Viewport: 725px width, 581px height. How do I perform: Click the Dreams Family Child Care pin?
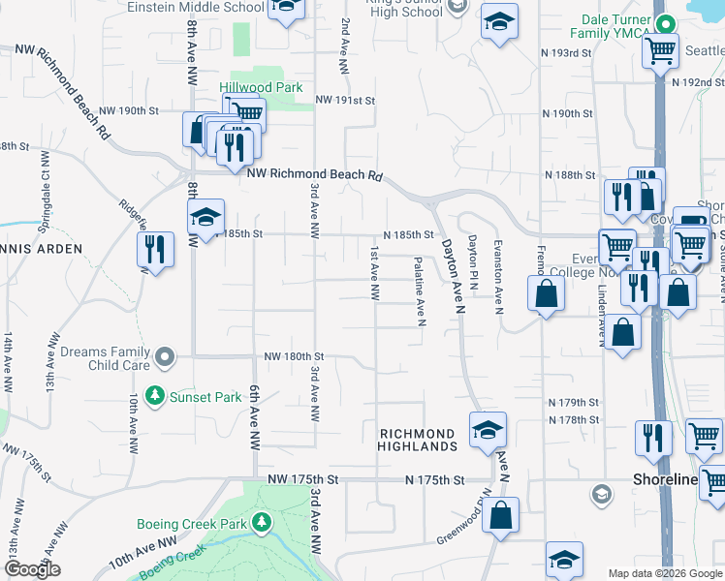[x=165, y=358]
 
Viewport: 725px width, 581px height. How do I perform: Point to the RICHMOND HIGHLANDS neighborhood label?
[x=417, y=440]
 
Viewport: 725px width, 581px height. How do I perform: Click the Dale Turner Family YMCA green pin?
[x=662, y=22]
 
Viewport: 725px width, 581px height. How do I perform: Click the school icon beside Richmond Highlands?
[x=487, y=429]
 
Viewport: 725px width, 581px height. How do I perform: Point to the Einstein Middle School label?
[x=195, y=7]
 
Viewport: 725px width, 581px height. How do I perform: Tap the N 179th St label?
[x=575, y=402]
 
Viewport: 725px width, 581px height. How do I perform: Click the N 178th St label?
[x=574, y=419]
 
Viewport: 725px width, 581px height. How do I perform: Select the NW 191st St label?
[x=344, y=100]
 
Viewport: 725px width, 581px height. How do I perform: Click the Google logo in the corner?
[x=31, y=570]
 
